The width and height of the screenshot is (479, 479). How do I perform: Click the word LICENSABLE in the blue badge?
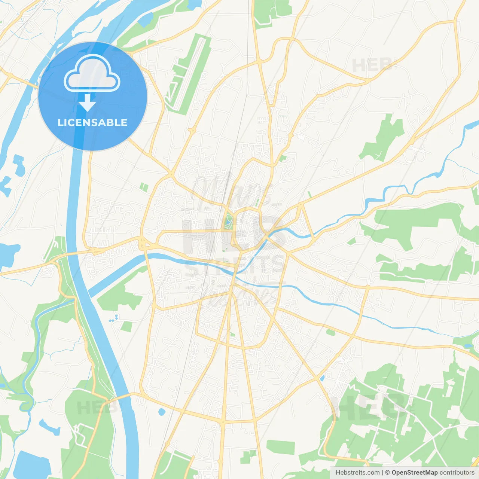coord(92,123)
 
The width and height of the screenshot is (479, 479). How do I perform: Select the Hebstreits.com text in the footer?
coord(358,473)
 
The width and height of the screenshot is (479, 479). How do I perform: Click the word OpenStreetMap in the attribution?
coord(415,473)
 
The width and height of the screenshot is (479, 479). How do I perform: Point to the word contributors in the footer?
coord(457,473)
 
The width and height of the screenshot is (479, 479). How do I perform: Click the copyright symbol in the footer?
coord(387,473)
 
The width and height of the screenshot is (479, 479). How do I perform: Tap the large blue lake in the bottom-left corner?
coord(32,464)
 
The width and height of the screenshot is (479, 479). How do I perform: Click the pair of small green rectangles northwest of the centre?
coord(144,186)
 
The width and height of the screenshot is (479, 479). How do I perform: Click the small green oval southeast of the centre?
coord(330,332)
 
